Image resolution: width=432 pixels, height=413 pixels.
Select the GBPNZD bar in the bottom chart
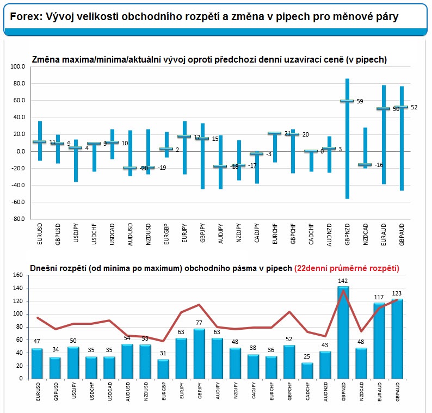pos(343,332)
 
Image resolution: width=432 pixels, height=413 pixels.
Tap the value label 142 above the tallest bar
pos(343,281)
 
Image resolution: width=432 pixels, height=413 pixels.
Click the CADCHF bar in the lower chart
pos(307,371)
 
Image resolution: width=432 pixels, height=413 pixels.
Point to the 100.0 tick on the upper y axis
pos(17,67)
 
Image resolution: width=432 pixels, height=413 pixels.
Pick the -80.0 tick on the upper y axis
pos(17,219)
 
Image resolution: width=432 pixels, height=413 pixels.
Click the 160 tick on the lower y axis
pos(17,275)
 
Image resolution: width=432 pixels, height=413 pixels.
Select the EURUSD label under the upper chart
pos(40,234)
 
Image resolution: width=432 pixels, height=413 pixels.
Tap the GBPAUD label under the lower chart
pos(397,391)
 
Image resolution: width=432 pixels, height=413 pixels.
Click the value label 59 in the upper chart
pos(360,101)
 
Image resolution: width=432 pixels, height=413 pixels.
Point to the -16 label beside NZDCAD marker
pos(379,165)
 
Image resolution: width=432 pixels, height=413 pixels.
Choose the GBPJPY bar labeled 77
pos(199,354)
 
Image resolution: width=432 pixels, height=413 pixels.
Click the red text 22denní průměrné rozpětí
pos(347,268)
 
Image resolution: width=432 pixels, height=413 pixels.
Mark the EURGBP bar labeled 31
pos(163,369)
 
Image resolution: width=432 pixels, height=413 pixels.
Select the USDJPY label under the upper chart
pos(76,233)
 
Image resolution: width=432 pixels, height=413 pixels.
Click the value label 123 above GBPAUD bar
pos(397,293)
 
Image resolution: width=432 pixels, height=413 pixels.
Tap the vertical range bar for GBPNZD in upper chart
pos(347,139)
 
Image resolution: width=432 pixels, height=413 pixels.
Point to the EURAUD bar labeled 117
pos(379,341)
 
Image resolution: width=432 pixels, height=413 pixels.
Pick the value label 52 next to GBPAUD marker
pos(414,107)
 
